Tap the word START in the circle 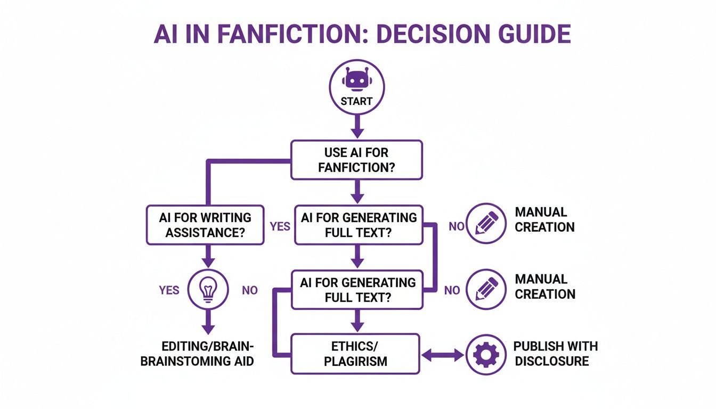(356, 101)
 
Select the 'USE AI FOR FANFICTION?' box (357, 160)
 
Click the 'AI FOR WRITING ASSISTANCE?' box (205, 225)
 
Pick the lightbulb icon (208, 290)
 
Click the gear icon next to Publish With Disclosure (486, 355)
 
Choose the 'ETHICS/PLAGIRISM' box (355, 354)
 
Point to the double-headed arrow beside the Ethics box (443, 355)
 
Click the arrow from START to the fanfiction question (357, 127)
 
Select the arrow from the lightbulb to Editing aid (208, 322)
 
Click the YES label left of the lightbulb (169, 290)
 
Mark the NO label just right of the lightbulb (250, 290)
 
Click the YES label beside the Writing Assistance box (280, 226)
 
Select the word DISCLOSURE (552, 361)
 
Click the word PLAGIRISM (355, 362)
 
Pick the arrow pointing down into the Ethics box (357, 321)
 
